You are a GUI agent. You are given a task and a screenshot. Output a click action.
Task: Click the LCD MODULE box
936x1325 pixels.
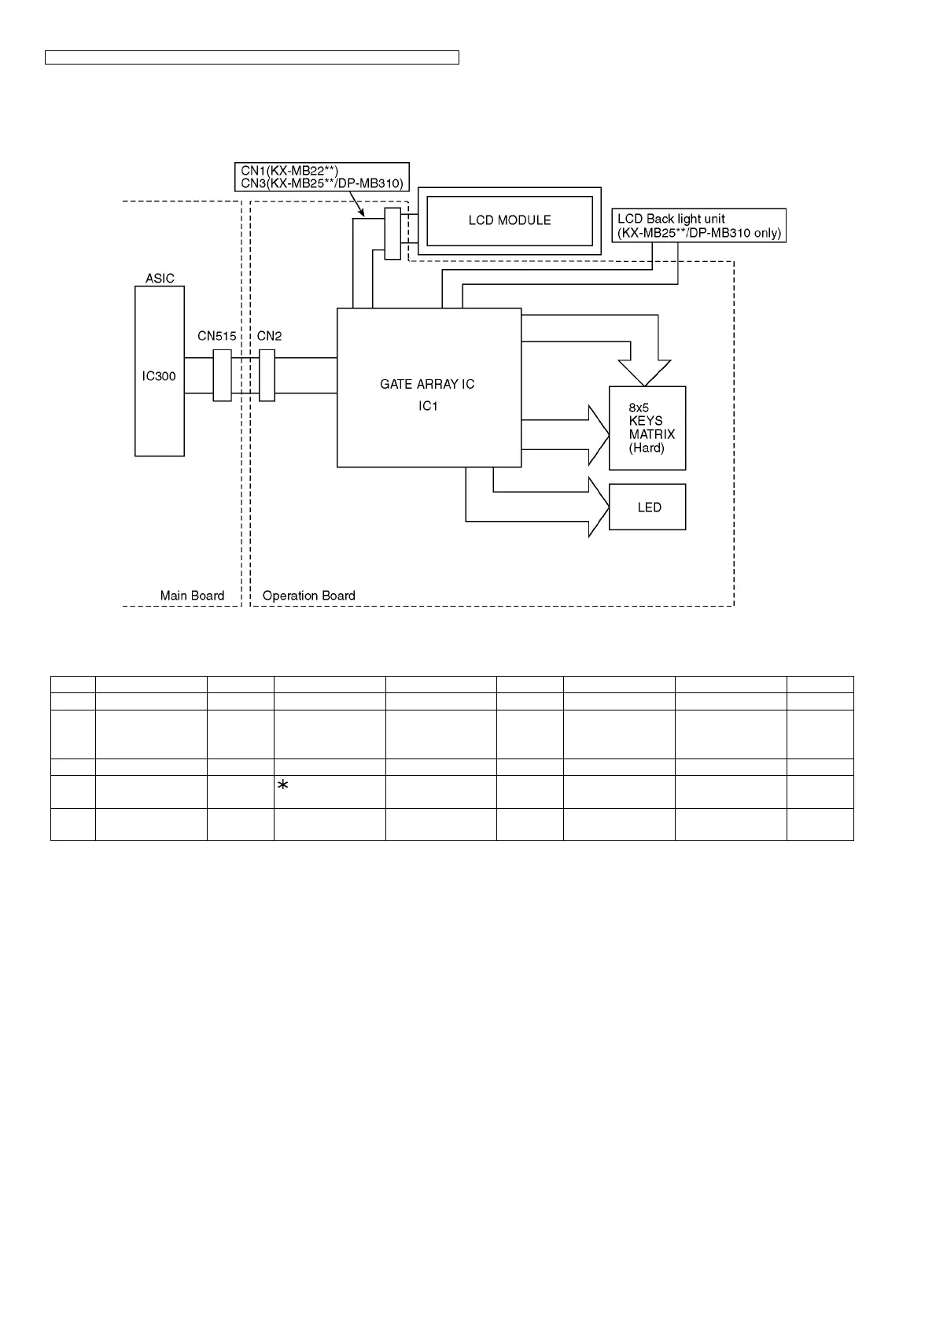click(509, 221)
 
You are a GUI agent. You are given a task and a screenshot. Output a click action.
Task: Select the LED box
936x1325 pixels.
click(647, 507)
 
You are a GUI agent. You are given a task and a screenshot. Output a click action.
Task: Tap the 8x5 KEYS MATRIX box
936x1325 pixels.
click(647, 428)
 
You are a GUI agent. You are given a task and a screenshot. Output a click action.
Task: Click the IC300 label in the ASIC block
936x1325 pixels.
click(159, 376)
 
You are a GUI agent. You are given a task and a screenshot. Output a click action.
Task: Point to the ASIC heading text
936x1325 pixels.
click(160, 279)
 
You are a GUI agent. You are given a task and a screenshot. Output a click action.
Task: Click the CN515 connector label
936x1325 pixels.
click(216, 336)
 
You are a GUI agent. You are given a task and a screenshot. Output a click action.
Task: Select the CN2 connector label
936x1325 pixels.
click(269, 336)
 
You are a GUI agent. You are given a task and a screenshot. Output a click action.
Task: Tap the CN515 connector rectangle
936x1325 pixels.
click(222, 375)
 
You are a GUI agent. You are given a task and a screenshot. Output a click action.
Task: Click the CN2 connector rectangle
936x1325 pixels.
click(267, 375)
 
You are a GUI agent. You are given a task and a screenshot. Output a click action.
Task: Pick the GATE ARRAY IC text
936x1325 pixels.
click(427, 385)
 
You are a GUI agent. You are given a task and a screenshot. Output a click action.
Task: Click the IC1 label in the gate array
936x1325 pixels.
click(428, 406)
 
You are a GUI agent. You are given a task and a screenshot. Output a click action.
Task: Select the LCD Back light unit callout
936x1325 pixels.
click(698, 225)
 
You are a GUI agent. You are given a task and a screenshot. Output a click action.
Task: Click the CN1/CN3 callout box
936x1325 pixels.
click(322, 176)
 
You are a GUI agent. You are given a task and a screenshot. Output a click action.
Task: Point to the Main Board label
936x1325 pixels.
click(192, 596)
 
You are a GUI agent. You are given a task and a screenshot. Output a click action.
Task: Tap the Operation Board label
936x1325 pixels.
click(308, 596)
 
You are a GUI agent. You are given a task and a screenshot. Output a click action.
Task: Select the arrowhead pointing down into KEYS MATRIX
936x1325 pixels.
click(644, 372)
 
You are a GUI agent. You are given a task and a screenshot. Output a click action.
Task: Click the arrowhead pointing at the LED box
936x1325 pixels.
click(599, 507)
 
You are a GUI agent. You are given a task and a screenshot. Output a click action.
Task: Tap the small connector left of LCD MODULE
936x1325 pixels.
click(392, 234)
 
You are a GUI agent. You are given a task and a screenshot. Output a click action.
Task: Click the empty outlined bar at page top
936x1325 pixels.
click(252, 57)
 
